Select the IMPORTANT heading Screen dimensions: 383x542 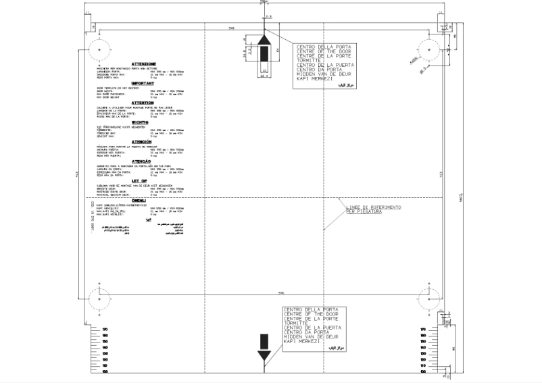point(143,83)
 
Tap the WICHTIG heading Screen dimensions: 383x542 point(143,122)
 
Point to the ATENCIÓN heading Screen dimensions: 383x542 point(143,142)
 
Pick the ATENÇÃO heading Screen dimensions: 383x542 point(143,161)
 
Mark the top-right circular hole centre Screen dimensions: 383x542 point(430,49)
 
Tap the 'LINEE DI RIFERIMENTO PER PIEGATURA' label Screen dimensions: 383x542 point(374,209)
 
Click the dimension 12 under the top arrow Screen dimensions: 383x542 point(264,70)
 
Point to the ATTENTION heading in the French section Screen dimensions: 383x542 point(143,103)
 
